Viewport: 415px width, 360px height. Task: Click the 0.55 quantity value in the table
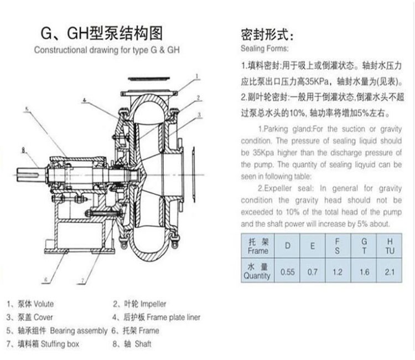287,272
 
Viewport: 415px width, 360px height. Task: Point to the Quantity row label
258,271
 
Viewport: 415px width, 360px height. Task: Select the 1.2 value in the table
338,272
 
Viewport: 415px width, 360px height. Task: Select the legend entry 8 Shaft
136,344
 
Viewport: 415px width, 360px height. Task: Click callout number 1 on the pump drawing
196,77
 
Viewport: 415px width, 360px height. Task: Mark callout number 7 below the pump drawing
82,282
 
